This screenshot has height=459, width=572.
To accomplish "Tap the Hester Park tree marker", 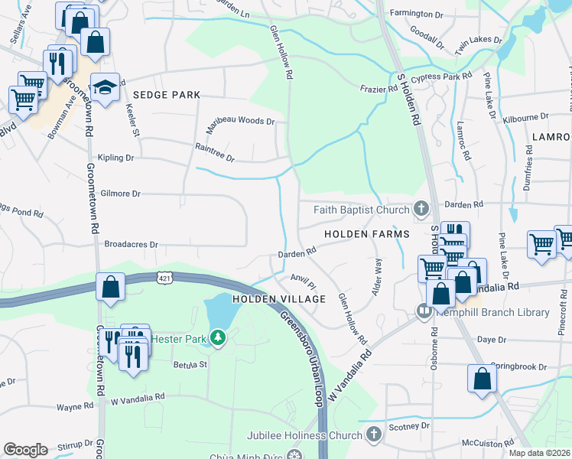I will coord(218,337).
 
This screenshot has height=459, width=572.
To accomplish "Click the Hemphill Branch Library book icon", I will coord(424,311).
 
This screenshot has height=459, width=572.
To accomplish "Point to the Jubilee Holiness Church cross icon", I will coord(373,435).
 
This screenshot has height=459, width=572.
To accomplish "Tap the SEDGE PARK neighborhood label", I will coord(166,95).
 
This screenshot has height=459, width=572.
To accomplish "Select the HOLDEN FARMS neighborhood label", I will coord(366,233).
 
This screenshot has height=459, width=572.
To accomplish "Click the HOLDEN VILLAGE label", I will coord(279,299).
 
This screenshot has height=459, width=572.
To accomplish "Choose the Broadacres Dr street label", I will coord(132,245).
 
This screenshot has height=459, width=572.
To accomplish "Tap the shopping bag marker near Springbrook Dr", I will coord(483,379).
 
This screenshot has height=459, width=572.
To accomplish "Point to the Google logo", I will coord(25,450).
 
